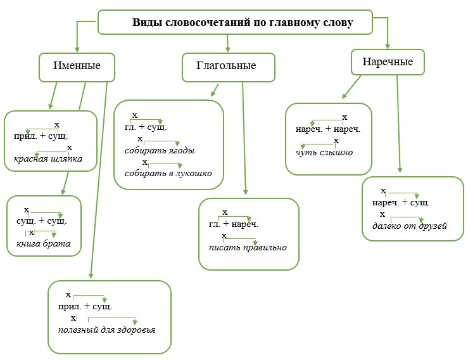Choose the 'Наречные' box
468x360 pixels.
click(x=388, y=62)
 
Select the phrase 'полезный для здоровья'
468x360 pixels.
click(x=106, y=330)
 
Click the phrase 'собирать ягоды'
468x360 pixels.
click(x=159, y=151)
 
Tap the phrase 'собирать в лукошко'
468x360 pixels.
click(x=168, y=174)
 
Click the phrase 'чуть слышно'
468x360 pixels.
click(x=324, y=153)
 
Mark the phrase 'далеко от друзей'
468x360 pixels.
click(x=409, y=226)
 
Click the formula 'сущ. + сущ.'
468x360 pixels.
click(x=41, y=221)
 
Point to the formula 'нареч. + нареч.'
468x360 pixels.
click(x=327, y=129)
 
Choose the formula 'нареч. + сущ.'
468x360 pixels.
click(x=401, y=203)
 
